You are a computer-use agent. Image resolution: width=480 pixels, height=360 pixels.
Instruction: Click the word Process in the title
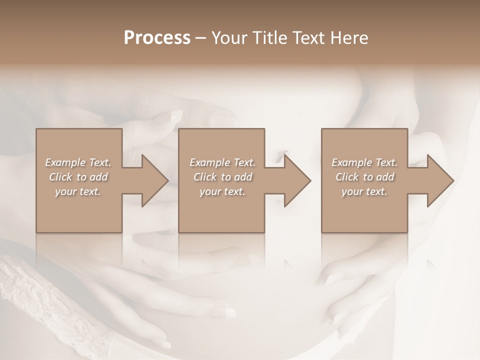point(157,38)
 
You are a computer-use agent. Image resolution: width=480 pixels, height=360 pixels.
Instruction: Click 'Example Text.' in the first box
point(78,162)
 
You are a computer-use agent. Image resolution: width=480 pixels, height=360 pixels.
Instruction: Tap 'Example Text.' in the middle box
point(222,162)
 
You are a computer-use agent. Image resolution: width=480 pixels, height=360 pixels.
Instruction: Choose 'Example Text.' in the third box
point(364,162)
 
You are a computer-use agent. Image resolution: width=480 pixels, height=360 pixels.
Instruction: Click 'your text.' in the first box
point(78,191)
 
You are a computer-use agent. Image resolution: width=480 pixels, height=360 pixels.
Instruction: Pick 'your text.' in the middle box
point(222,191)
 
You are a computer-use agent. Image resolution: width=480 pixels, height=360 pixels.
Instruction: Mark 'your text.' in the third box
point(364,191)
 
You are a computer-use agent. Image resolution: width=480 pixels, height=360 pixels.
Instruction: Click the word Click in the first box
point(60,177)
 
